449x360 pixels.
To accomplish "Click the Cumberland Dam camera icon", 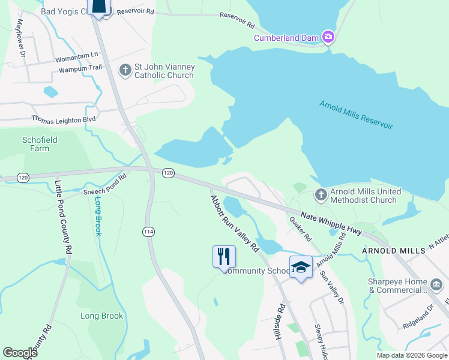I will tap(328, 37).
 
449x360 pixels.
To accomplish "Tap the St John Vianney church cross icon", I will tap(125, 71).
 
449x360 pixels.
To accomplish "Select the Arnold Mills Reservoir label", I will tap(356, 114).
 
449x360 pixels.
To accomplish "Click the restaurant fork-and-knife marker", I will tap(224, 257).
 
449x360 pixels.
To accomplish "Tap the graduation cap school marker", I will tap(301, 267).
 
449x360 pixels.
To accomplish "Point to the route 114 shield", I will tap(148, 231).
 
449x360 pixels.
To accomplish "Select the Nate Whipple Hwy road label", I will tap(331, 221).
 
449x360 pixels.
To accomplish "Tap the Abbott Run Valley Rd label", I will tap(234, 223).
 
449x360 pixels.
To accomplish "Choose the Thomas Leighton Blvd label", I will tap(64, 119).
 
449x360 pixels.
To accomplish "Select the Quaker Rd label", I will tap(301, 229).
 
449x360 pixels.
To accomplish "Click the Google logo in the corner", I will tap(20, 352).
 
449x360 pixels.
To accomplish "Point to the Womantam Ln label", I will tap(77, 55).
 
